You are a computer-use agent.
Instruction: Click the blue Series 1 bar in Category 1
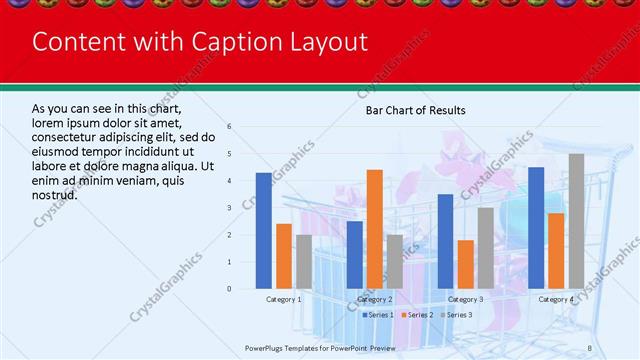pyautogui.click(x=263, y=231)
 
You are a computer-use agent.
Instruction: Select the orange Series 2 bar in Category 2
pyautogui.click(x=374, y=229)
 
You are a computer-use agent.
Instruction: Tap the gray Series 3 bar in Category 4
pyautogui.click(x=576, y=221)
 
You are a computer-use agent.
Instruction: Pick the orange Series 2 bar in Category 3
pyautogui.click(x=465, y=264)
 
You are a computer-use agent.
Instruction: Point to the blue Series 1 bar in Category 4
pyautogui.click(x=536, y=228)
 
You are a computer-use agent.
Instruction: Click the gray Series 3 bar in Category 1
pyautogui.click(x=303, y=262)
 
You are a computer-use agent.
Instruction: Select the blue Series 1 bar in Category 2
pyautogui.click(x=354, y=255)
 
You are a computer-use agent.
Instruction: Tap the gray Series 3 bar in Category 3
pyautogui.click(x=485, y=248)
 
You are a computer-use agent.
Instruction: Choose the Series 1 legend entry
pyautogui.click(x=377, y=315)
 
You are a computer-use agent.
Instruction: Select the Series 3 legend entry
pyautogui.click(x=455, y=315)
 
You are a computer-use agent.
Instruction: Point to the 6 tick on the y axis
pyautogui.click(x=230, y=127)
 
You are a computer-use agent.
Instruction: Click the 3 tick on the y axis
pyautogui.click(x=230, y=208)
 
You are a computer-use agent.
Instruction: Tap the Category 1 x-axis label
pyautogui.click(x=283, y=299)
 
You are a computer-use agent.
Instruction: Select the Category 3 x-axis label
pyautogui.click(x=465, y=299)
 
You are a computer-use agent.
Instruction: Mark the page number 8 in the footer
pyautogui.click(x=590, y=347)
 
